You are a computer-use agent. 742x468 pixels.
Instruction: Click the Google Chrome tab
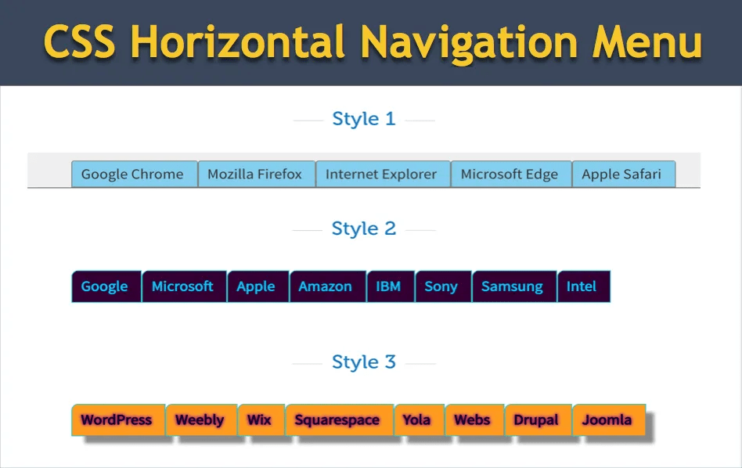[x=133, y=175]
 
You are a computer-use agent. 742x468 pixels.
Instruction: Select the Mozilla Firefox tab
[x=255, y=175]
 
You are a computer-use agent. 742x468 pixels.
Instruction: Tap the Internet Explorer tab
[x=381, y=175]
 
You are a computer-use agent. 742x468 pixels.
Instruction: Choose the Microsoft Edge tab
[x=510, y=175]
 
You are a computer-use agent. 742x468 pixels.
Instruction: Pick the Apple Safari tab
[x=621, y=175]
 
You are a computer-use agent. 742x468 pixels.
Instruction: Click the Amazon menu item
[x=326, y=286]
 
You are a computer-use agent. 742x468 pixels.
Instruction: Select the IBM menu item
[x=388, y=286]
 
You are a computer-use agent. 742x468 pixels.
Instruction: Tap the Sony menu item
[x=441, y=286]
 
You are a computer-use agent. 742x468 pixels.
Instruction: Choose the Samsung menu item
[x=512, y=286]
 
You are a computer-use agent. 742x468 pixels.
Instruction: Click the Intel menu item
[x=582, y=286]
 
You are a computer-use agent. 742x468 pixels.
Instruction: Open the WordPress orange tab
[x=117, y=420]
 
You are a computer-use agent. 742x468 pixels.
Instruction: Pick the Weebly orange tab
[x=200, y=420]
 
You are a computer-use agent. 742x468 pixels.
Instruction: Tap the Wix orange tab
[x=259, y=420]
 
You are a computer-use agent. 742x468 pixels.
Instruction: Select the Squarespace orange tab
[x=337, y=420]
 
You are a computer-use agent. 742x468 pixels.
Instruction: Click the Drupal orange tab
[x=536, y=420]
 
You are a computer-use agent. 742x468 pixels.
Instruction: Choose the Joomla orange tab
[x=607, y=420]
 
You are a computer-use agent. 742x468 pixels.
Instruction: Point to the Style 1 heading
[x=364, y=119]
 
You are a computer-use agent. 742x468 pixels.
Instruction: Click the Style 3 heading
[x=364, y=362]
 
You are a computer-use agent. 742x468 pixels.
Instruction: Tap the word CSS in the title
[x=79, y=42]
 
